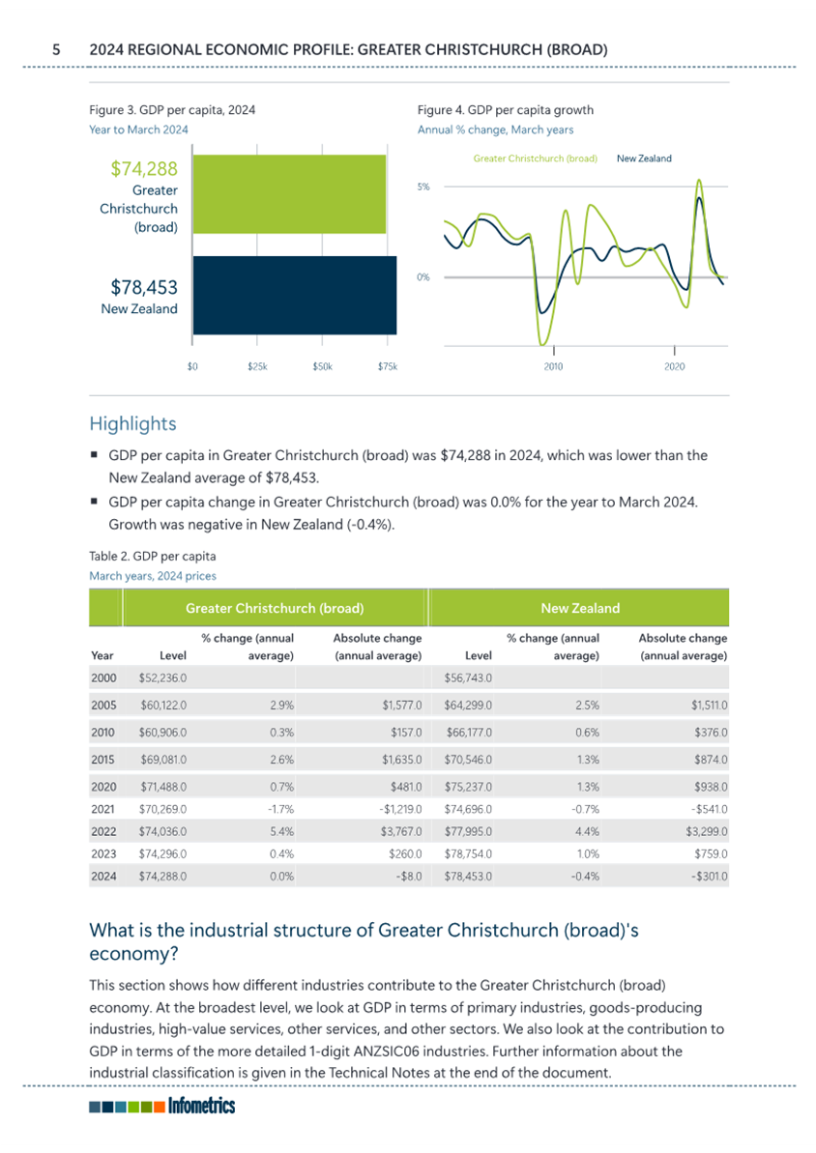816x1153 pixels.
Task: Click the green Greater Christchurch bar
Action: [x=289, y=194]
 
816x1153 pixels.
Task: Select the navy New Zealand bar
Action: [x=294, y=295]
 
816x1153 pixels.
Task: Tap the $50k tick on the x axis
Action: [x=322, y=366]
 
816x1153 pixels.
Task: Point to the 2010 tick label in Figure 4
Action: [x=553, y=366]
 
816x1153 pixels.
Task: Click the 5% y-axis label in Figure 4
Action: [x=423, y=187]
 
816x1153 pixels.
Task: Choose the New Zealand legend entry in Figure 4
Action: [x=644, y=159]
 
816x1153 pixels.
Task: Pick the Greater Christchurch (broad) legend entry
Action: [x=535, y=159]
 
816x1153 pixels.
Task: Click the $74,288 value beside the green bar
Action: [x=144, y=168]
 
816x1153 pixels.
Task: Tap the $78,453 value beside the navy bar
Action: [x=144, y=287]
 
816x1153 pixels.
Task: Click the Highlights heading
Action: [x=133, y=423]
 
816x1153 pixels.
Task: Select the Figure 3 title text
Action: [x=172, y=110]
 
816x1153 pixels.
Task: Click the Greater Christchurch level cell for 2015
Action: [x=163, y=760]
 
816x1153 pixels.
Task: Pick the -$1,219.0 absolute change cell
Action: [x=400, y=809]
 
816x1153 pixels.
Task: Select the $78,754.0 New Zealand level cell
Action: [x=468, y=853]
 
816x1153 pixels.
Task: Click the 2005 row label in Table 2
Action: [x=103, y=706]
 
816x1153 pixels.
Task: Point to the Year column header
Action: [x=102, y=655]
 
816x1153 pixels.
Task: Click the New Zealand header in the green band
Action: [x=580, y=608]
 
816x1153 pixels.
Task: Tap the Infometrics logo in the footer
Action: [x=161, y=1106]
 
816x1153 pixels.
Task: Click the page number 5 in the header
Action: [x=56, y=50]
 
